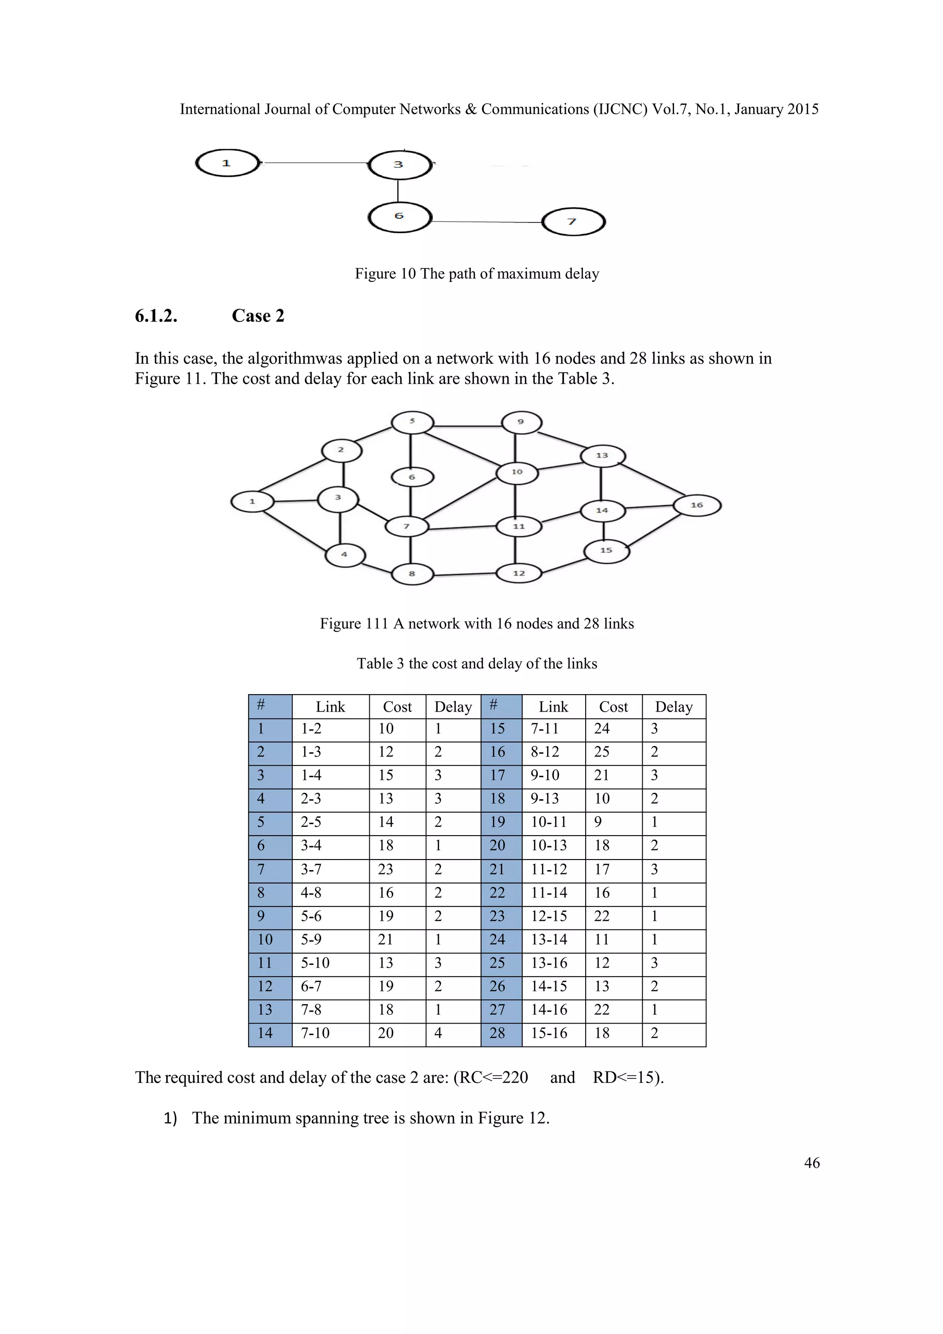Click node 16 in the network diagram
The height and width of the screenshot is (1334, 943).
tap(697, 505)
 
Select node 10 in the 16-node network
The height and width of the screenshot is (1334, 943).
tap(517, 472)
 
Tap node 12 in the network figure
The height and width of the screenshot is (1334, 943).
tap(518, 573)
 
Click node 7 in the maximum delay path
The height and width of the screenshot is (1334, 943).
tap(573, 222)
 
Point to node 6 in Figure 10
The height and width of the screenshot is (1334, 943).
tap(400, 216)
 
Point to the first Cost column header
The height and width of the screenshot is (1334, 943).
tap(397, 707)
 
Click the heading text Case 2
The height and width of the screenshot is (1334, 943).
tap(258, 316)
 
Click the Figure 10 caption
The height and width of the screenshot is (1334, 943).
tap(477, 274)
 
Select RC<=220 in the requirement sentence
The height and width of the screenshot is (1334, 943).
tap(491, 1078)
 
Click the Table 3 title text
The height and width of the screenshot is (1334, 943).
tap(477, 663)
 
